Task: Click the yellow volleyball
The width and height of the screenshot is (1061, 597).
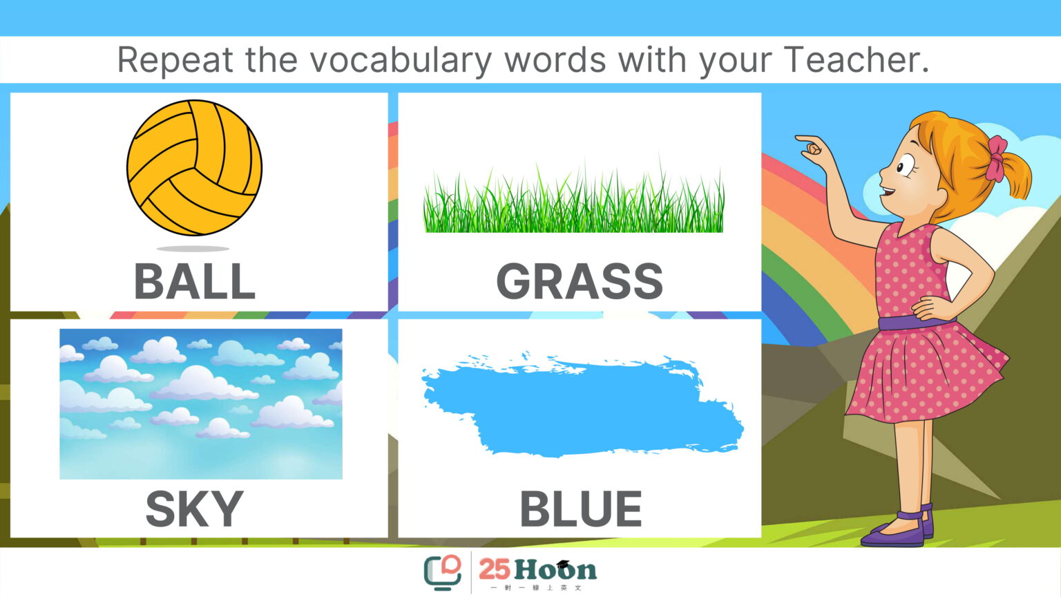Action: (194, 167)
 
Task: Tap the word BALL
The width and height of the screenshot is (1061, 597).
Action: (195, 281)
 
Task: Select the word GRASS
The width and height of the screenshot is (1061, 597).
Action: (580, 281)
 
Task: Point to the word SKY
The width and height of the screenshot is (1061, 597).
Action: (194, 509)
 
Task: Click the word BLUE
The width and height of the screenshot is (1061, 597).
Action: (581, 509)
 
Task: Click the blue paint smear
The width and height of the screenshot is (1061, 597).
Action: (582, 406)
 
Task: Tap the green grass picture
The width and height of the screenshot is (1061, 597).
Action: (573, 199)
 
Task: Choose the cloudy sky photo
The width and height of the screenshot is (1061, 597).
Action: (201, 404)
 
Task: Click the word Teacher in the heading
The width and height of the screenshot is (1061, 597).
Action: (856, 59)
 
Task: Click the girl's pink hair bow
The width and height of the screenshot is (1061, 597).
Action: (996, 159)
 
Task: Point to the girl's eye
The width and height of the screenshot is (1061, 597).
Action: (906, 165)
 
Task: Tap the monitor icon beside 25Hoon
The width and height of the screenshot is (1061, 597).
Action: (442, 573)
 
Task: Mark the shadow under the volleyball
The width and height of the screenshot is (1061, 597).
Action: (193, 248)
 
